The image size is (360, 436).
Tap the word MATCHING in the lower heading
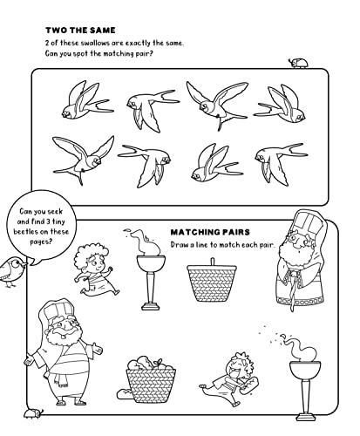tap(198, 232)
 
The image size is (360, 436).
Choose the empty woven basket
tap(213, 283)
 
